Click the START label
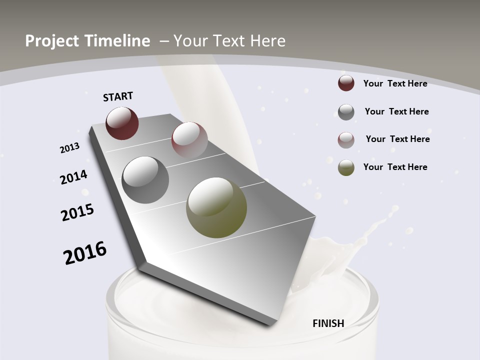pos(118,96)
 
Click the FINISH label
pos(328,323)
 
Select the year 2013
pos(69,148)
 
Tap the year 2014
pos(73,177)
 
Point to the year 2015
pos(77,212)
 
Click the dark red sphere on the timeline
pos(122,123)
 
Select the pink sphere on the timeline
pos(189,139)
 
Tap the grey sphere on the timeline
pos(145,180)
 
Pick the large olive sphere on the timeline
pos(216,207)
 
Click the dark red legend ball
pos(346,83)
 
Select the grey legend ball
pos(346,112)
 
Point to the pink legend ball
pos(346,140)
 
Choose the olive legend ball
pos(346,167)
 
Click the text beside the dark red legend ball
pos(395,83)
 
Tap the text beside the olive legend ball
pos(395,167)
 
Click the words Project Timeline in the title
pos(87,41)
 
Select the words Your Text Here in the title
pos(229,41)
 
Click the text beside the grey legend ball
pos(396,111)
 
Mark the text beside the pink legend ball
pos(397,139)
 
